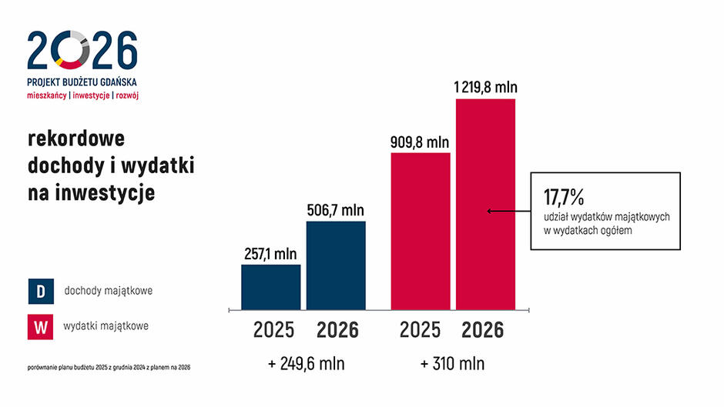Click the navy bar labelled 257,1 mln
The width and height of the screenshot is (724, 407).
coord(271,287)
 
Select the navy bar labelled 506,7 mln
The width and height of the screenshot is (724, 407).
coord(337,265)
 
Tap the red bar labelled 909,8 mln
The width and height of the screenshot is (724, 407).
coord(421,231)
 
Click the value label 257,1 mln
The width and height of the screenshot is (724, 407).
coord(271,253)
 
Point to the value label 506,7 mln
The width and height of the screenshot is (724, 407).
coord(337,210)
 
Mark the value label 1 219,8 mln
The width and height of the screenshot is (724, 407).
coord(485,87)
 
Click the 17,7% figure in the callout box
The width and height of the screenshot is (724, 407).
coord(565,193)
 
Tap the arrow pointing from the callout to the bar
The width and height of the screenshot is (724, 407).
coord(508,211)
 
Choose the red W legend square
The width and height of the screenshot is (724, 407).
coord(39,327)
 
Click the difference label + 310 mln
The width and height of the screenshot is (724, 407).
coord(453,363)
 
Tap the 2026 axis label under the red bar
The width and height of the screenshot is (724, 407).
coord(483,330)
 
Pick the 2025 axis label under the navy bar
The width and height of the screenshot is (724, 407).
coord(273,330)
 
